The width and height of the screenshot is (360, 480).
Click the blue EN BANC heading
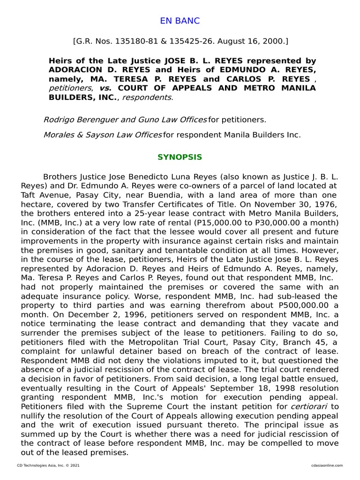180,21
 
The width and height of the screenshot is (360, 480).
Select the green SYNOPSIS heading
180,157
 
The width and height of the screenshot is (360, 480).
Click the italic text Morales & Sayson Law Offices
102,135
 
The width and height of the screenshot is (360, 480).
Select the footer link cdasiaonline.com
327,465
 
